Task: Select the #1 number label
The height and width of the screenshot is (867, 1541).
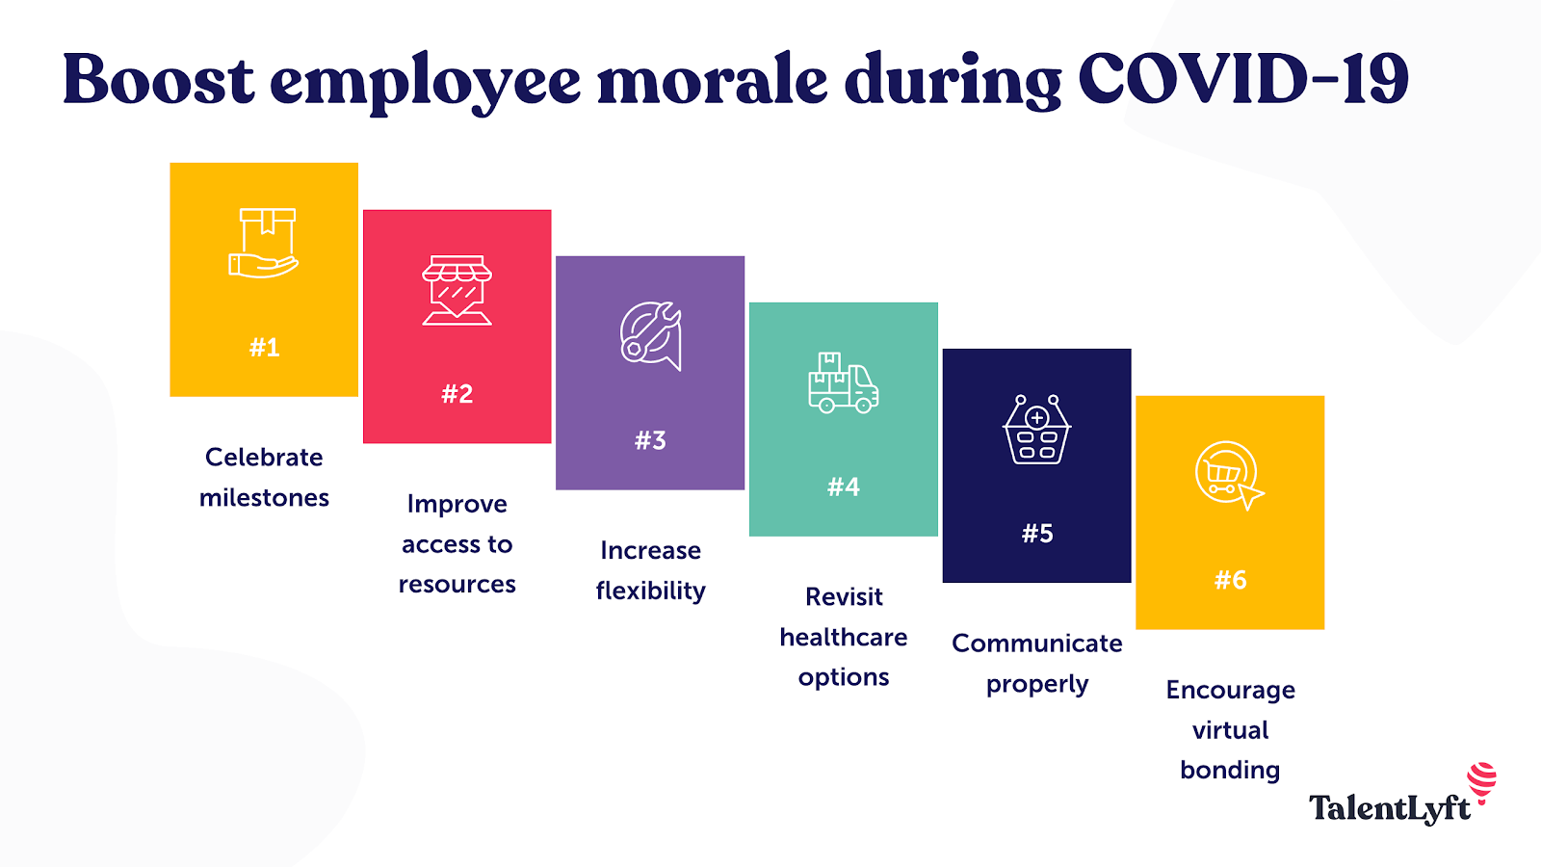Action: [264, 348]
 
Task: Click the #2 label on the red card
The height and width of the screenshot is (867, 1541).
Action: [457, 394]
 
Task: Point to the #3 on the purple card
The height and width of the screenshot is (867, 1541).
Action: [650, 440]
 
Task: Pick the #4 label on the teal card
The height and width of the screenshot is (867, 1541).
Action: [844, 487]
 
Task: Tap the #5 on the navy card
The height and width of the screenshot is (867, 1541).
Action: [1037, 534]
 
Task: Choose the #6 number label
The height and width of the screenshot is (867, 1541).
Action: [1230, 580]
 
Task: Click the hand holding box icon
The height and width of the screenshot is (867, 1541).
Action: [264, 243]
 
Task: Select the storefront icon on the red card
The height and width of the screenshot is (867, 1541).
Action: [457, 290]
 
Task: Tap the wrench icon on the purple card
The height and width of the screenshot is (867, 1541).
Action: [651, 336]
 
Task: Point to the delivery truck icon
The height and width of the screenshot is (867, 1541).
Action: [844, 382]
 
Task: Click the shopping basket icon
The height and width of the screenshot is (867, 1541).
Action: [1036, 430]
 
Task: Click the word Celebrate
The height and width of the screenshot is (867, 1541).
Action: [264, 457]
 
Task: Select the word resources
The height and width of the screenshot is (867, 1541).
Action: [457, 585]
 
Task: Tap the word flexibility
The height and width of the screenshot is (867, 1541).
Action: [651, 591]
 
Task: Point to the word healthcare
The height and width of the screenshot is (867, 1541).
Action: [844, 637]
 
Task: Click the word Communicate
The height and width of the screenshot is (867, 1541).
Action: [1036, 644]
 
